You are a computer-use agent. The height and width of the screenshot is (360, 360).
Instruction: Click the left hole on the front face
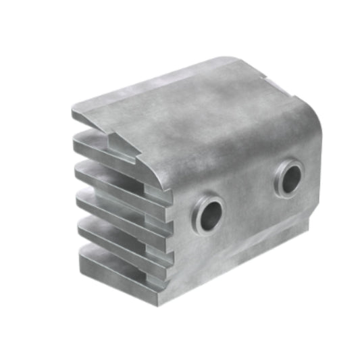(209, 214)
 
